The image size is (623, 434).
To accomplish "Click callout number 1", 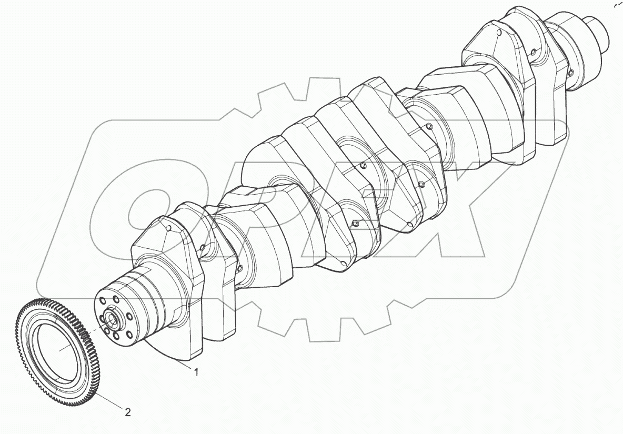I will point(196,373).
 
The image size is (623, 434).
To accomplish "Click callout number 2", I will point(127,412).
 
